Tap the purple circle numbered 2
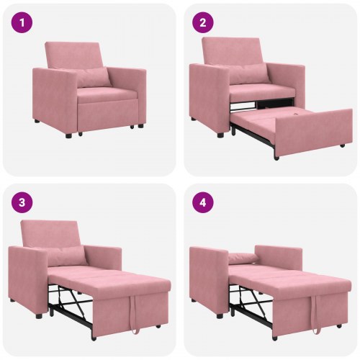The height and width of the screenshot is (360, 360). [x=203, y=23]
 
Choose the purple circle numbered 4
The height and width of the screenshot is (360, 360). [x=203, y=202]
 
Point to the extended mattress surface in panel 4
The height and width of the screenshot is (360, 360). [x=288, y=277]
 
